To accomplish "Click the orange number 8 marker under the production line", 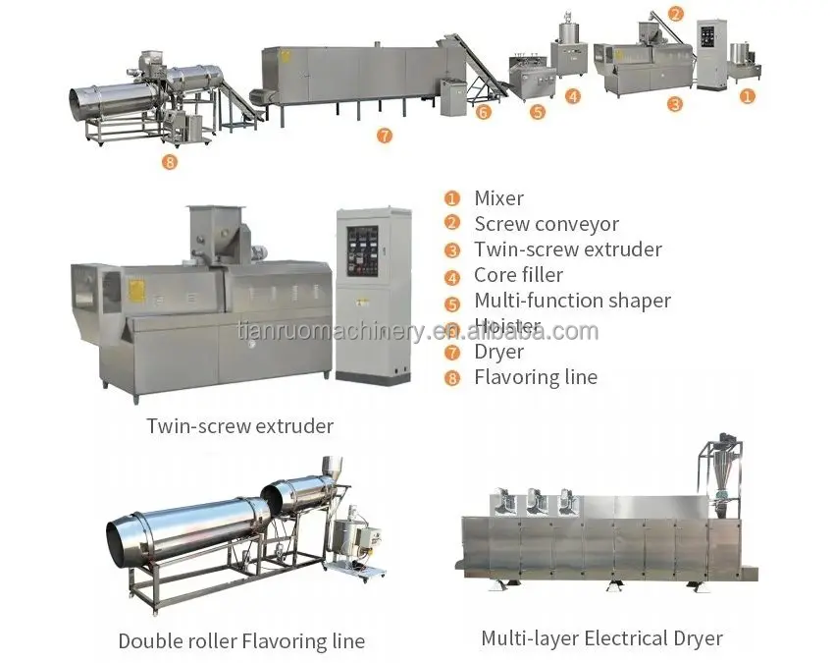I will tap(170, 162).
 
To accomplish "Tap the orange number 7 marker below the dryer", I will tap(384, 136).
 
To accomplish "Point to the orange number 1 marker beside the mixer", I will tap(748, 95).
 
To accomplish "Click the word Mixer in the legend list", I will tap(498, 199).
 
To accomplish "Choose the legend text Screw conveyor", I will tap(546, 225).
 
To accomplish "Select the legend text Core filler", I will tap(521, 276).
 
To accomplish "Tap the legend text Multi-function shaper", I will tap(572, 301).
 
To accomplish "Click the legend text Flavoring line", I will tap(535, 377).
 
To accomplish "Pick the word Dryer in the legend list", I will tap(498, 352).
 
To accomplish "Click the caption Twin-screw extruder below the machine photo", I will tap(239, 426).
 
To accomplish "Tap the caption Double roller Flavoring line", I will tap(241, 641).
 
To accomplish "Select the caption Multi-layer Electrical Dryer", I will tap(601, 638).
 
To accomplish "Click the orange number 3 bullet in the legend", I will tap(452, 250).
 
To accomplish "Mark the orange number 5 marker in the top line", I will tap(537, 112).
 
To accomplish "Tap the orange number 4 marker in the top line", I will tap(573, 96).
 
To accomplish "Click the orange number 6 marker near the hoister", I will tap(483, 112).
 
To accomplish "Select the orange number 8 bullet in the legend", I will tap(452, 378).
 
